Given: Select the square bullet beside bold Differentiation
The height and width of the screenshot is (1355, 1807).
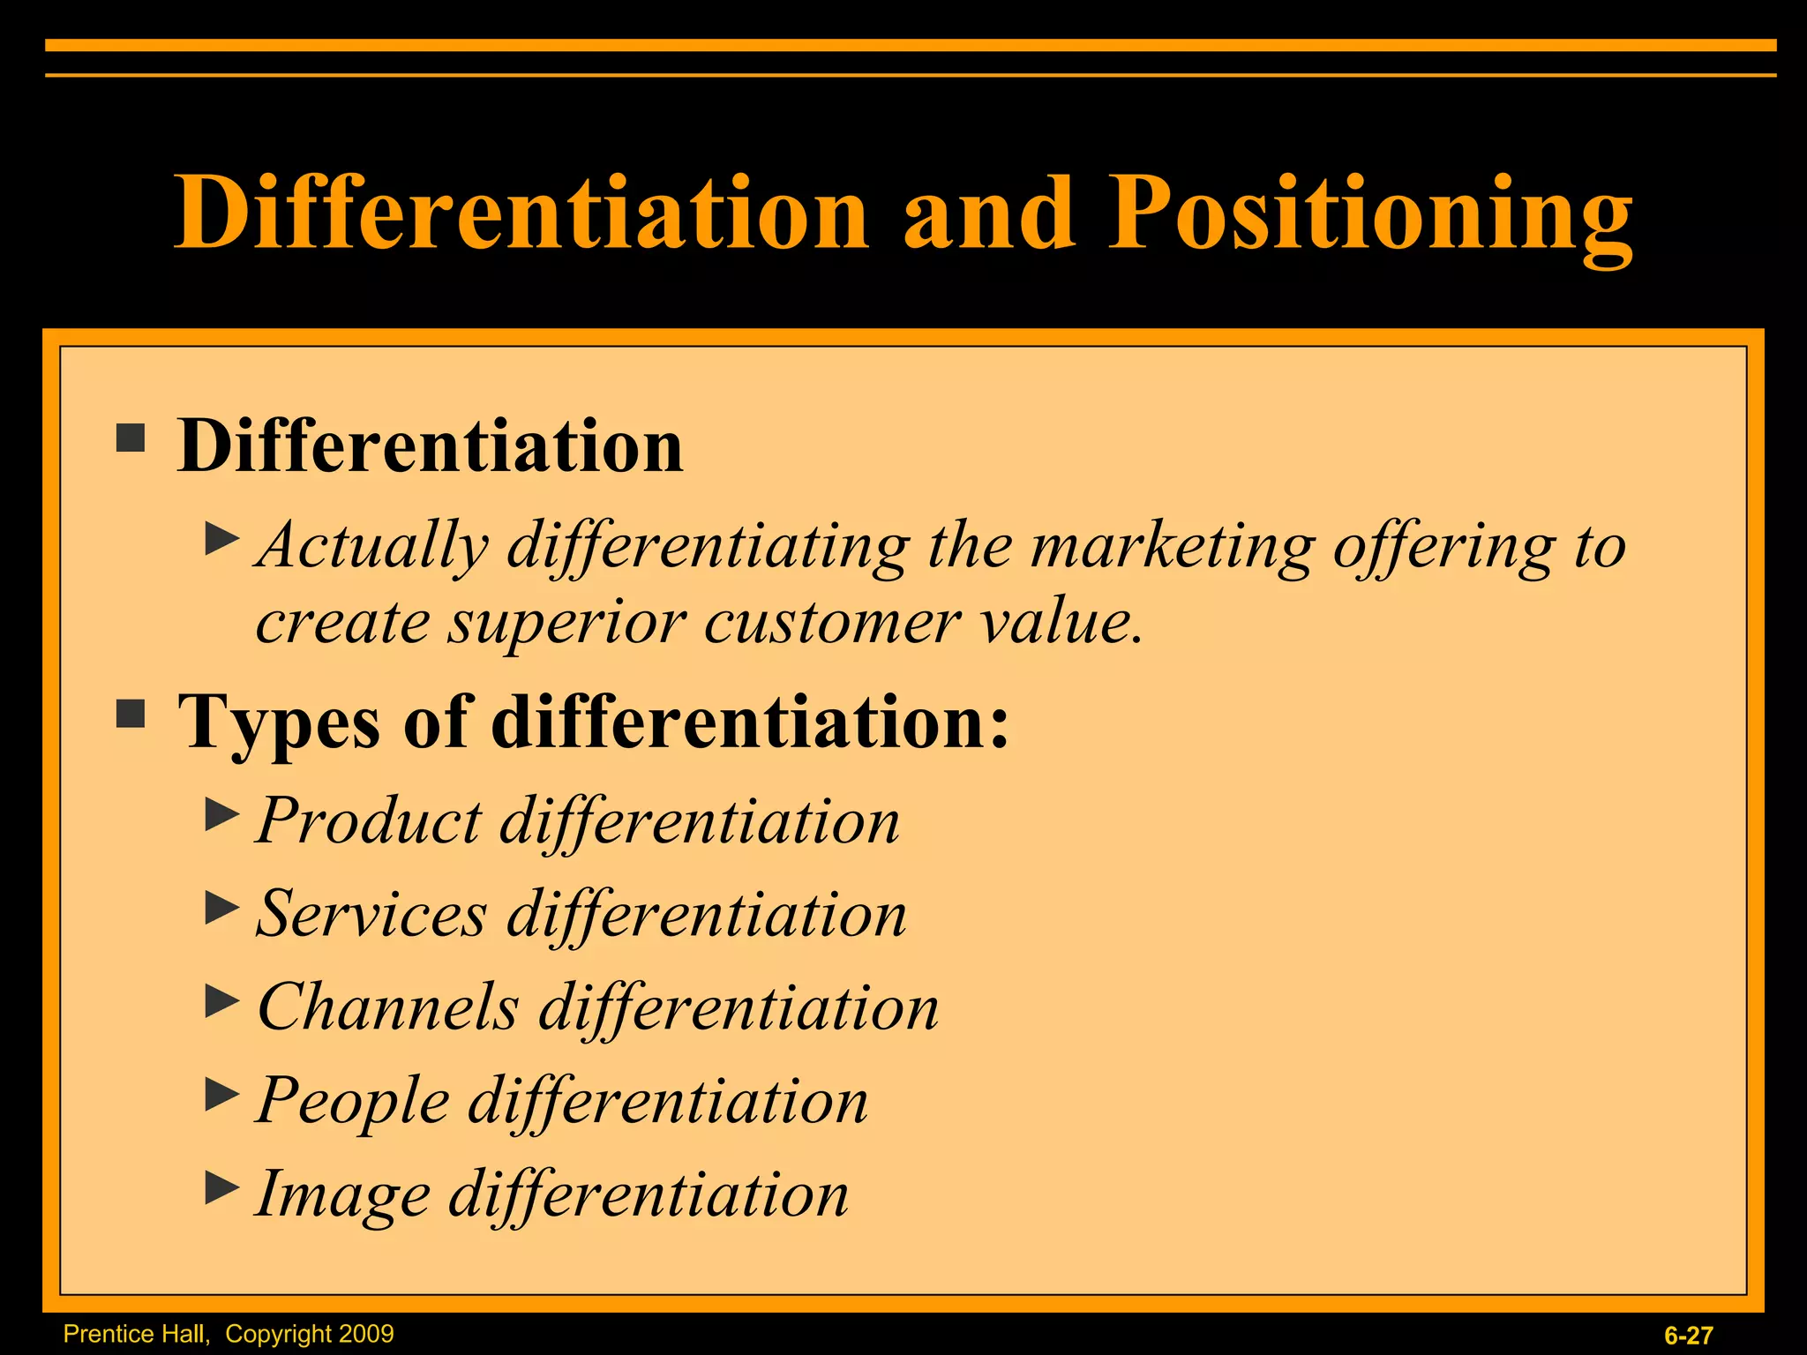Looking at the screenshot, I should point(131,438).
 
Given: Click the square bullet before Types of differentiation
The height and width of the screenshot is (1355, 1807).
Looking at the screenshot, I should point(131,714).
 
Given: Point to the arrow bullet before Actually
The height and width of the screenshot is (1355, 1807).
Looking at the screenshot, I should point(221,539).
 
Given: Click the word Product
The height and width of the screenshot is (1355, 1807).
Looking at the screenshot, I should point(369,821).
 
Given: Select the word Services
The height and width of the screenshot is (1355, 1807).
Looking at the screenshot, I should point(371,914).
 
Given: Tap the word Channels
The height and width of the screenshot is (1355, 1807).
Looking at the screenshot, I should point(387,1007).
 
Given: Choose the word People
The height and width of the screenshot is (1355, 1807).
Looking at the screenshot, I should point(353,1101).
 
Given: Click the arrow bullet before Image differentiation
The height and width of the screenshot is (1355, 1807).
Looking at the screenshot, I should point(221,1188).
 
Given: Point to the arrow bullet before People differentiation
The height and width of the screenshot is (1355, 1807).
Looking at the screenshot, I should point(221,1095).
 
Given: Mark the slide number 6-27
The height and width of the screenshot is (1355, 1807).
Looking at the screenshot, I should point(1688,1336).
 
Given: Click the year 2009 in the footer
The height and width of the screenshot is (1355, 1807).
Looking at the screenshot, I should point(365,1333).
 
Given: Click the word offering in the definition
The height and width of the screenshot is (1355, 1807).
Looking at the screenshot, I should point(1443,547).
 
